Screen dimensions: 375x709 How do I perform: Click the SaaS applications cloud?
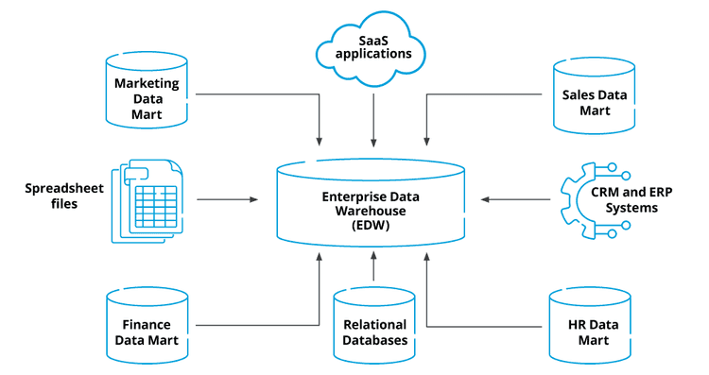pyautogui.click(x=374, y=47)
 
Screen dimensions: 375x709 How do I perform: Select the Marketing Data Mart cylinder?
pyautogui.click(x=146, y=93)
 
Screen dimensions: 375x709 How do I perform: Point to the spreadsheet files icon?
pyautogui.click(x=146, y=200)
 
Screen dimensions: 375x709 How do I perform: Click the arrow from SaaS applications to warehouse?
pyautogui.click(x=374, y=113)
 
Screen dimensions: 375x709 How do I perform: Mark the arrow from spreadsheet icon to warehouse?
pyautogui.click(x=227, y=200)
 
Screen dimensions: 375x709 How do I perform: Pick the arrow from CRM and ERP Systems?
pyautogui.click(x=515, y=200)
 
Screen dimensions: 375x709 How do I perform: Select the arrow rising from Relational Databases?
pyautogui.click(x=374, y=268)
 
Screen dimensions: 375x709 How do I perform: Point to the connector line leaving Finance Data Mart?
pyautogui.click(x=265, y=326)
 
